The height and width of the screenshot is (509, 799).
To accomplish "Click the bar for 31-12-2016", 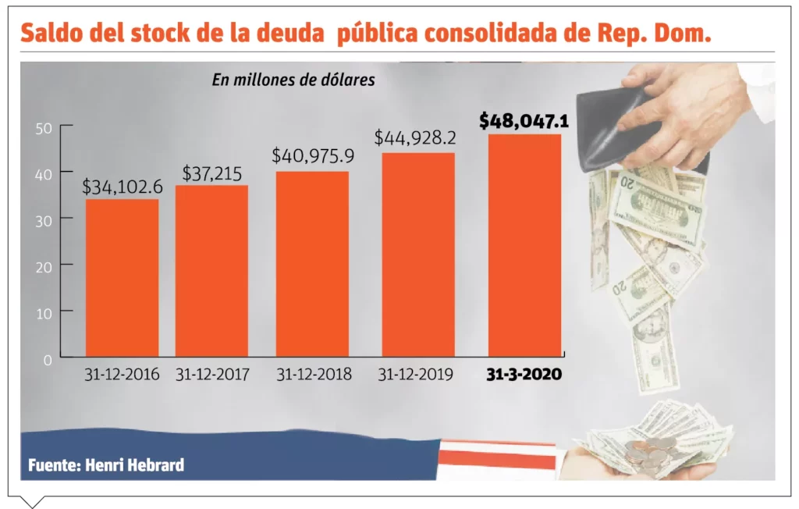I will tap(122, 278).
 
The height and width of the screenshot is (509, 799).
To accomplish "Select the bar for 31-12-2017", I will tap(211, 271).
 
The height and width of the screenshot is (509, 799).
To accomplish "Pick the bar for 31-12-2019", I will tap(417, 255).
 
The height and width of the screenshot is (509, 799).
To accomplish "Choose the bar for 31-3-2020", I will tap(524, 245).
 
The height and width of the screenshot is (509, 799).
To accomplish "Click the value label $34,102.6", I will tap(122, 187).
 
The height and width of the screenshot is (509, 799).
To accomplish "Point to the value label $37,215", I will tap(211, 173).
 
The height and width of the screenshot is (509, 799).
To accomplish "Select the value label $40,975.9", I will tap(312, 155).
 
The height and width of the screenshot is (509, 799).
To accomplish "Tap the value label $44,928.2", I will tap(415, 138).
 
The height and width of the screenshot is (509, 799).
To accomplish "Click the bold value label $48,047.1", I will tap(524, 121).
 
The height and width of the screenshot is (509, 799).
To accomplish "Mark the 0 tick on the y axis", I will tap(48, 359).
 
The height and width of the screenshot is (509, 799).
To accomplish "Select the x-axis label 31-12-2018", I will tap(314, 375).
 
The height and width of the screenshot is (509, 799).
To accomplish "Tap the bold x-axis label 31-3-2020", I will tap(524, 375).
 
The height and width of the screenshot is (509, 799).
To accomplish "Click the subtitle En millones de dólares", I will tap(293, 80).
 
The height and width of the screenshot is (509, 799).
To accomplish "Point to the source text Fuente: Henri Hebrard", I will tap(106, 465).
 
